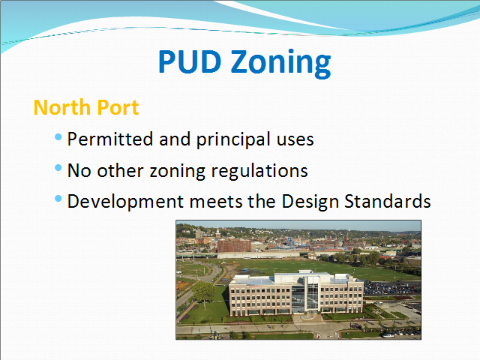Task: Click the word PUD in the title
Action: (190, 61)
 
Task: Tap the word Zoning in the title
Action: (281, 63)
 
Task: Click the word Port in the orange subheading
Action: (118, 107)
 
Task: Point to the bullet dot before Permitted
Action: (58, 136)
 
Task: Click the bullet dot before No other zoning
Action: (58, 168)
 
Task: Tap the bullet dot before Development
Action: (58, 199)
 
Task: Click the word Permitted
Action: (110, 139)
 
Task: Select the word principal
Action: (234, 140)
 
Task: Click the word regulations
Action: (259, 171)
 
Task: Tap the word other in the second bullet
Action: (120, 170)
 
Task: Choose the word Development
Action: (125, 202)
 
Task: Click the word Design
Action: (310, 202)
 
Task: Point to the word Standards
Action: (388, 202)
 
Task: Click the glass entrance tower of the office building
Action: (312, 294)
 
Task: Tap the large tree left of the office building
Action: (203, 292)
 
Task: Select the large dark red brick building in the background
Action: (234, 246)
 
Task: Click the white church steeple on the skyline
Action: (217, 232)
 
